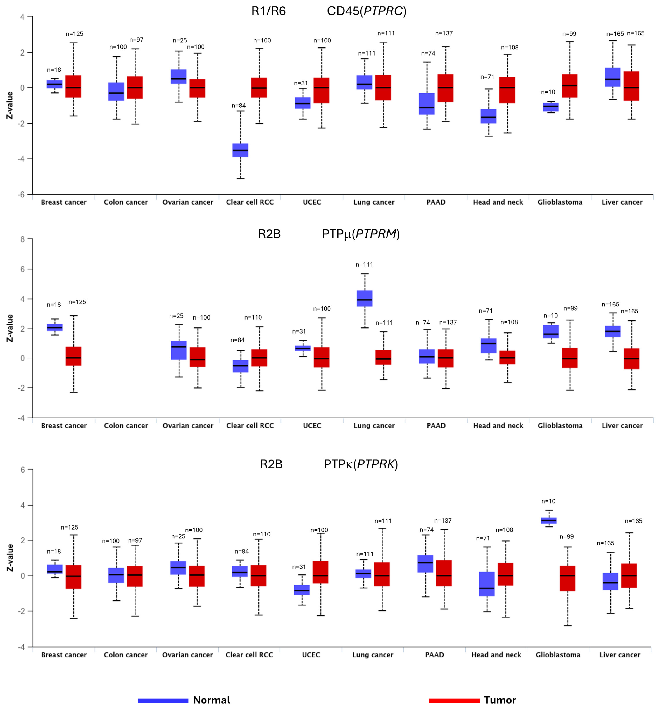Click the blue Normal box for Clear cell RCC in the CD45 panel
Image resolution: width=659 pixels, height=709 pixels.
click(x=240, y=150)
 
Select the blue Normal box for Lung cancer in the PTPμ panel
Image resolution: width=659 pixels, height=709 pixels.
click(x=364, y=298)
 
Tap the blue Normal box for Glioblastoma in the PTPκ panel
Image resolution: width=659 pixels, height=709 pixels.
click(x=549, y=520)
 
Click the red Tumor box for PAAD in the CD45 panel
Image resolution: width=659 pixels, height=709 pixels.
click(x=445, y=88)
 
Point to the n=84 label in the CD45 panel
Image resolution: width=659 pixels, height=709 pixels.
click(x=239, y=106)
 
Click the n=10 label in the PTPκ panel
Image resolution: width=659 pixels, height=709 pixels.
click(x=548, y=501)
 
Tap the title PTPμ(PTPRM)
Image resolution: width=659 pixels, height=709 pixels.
click(x=361, y=234)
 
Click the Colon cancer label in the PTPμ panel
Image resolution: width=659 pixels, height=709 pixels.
click(x=126, y=426)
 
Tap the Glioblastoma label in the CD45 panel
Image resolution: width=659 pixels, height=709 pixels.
click(x=560, y=202)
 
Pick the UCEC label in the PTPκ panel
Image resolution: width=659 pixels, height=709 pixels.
click(x=311, y=655)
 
